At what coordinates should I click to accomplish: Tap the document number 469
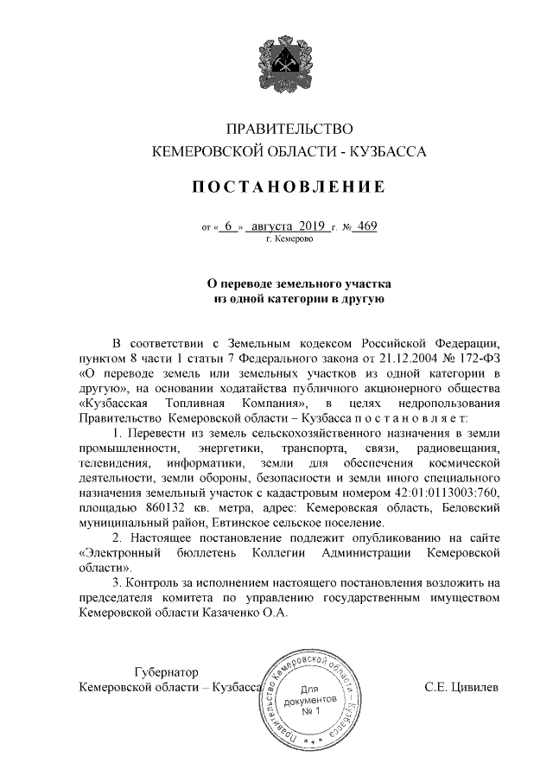point(366,227)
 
